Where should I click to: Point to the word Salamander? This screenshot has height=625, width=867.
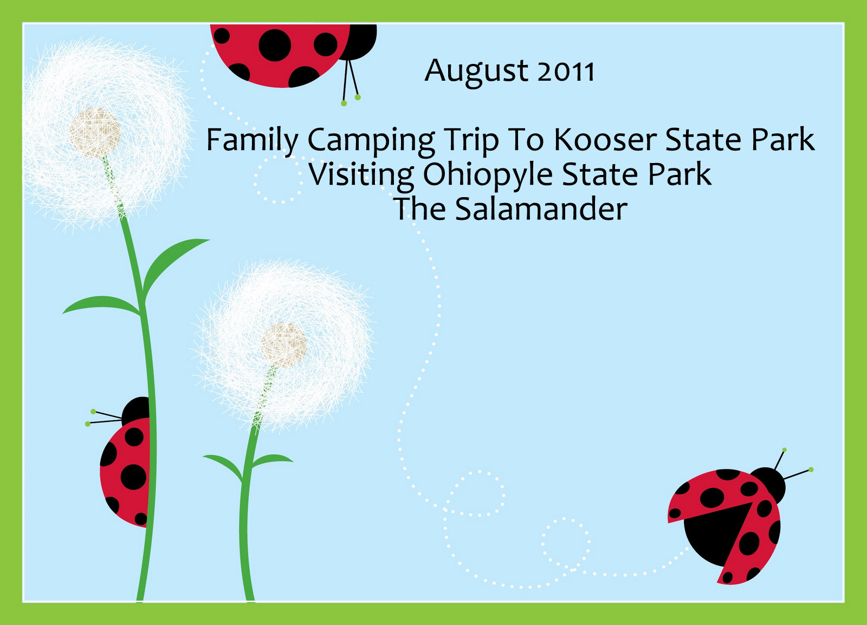[541, 209]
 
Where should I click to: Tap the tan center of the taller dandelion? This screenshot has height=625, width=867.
[95, 132]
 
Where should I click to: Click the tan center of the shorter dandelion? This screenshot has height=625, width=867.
[283, 345]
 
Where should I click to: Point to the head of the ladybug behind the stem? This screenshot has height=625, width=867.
[136, 411]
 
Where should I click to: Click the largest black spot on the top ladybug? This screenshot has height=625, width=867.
[275, 45]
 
